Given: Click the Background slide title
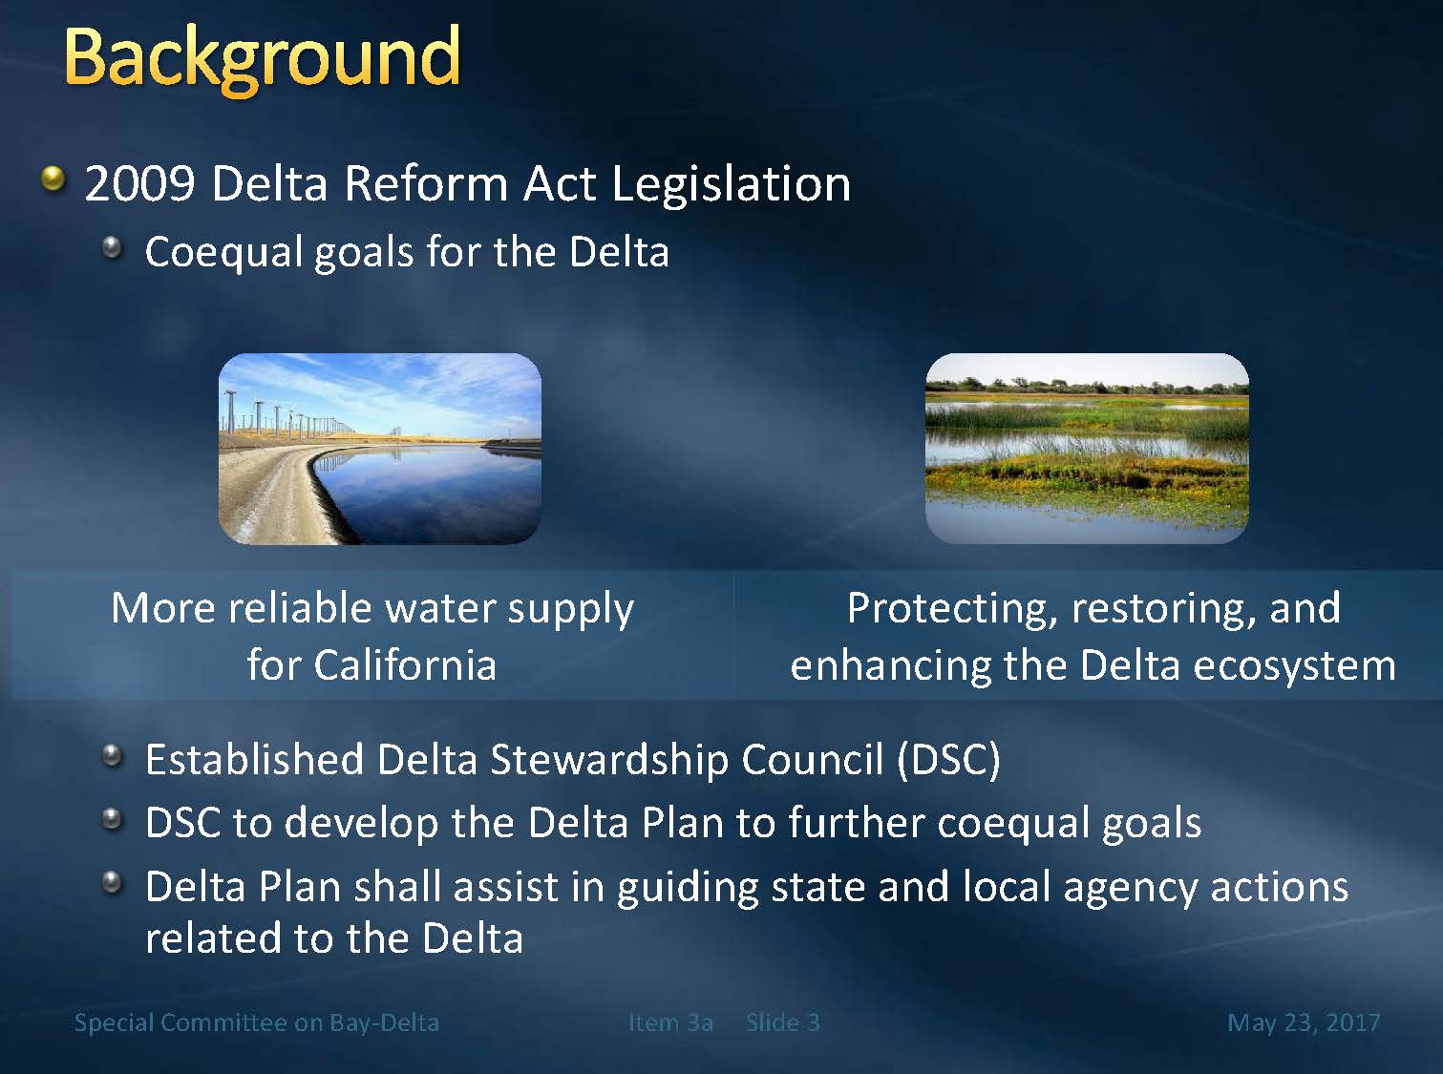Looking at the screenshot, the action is (x=263, y=60).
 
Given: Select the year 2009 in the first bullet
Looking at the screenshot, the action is (x=139, y=184).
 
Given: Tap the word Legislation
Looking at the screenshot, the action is (x=731, y=185).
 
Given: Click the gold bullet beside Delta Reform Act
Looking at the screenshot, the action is (x=53, y=179).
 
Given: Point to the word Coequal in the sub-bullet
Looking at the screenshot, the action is (x=223, y=252).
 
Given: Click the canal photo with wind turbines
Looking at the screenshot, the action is (x=380, y=448).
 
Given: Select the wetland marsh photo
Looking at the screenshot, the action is (x=1087, y=448).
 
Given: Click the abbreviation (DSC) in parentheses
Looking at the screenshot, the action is (x=948, y=760).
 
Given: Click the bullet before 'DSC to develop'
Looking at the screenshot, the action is (x=113, y=818).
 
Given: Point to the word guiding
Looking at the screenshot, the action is (x=688, y=889).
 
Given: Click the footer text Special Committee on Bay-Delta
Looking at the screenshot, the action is (x=257, y=1022).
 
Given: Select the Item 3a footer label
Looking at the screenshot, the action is (x=670, y=1022).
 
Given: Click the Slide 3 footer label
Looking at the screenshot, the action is (x=783, y=1022).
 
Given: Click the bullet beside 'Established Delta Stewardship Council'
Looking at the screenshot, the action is (x=113, y=754).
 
